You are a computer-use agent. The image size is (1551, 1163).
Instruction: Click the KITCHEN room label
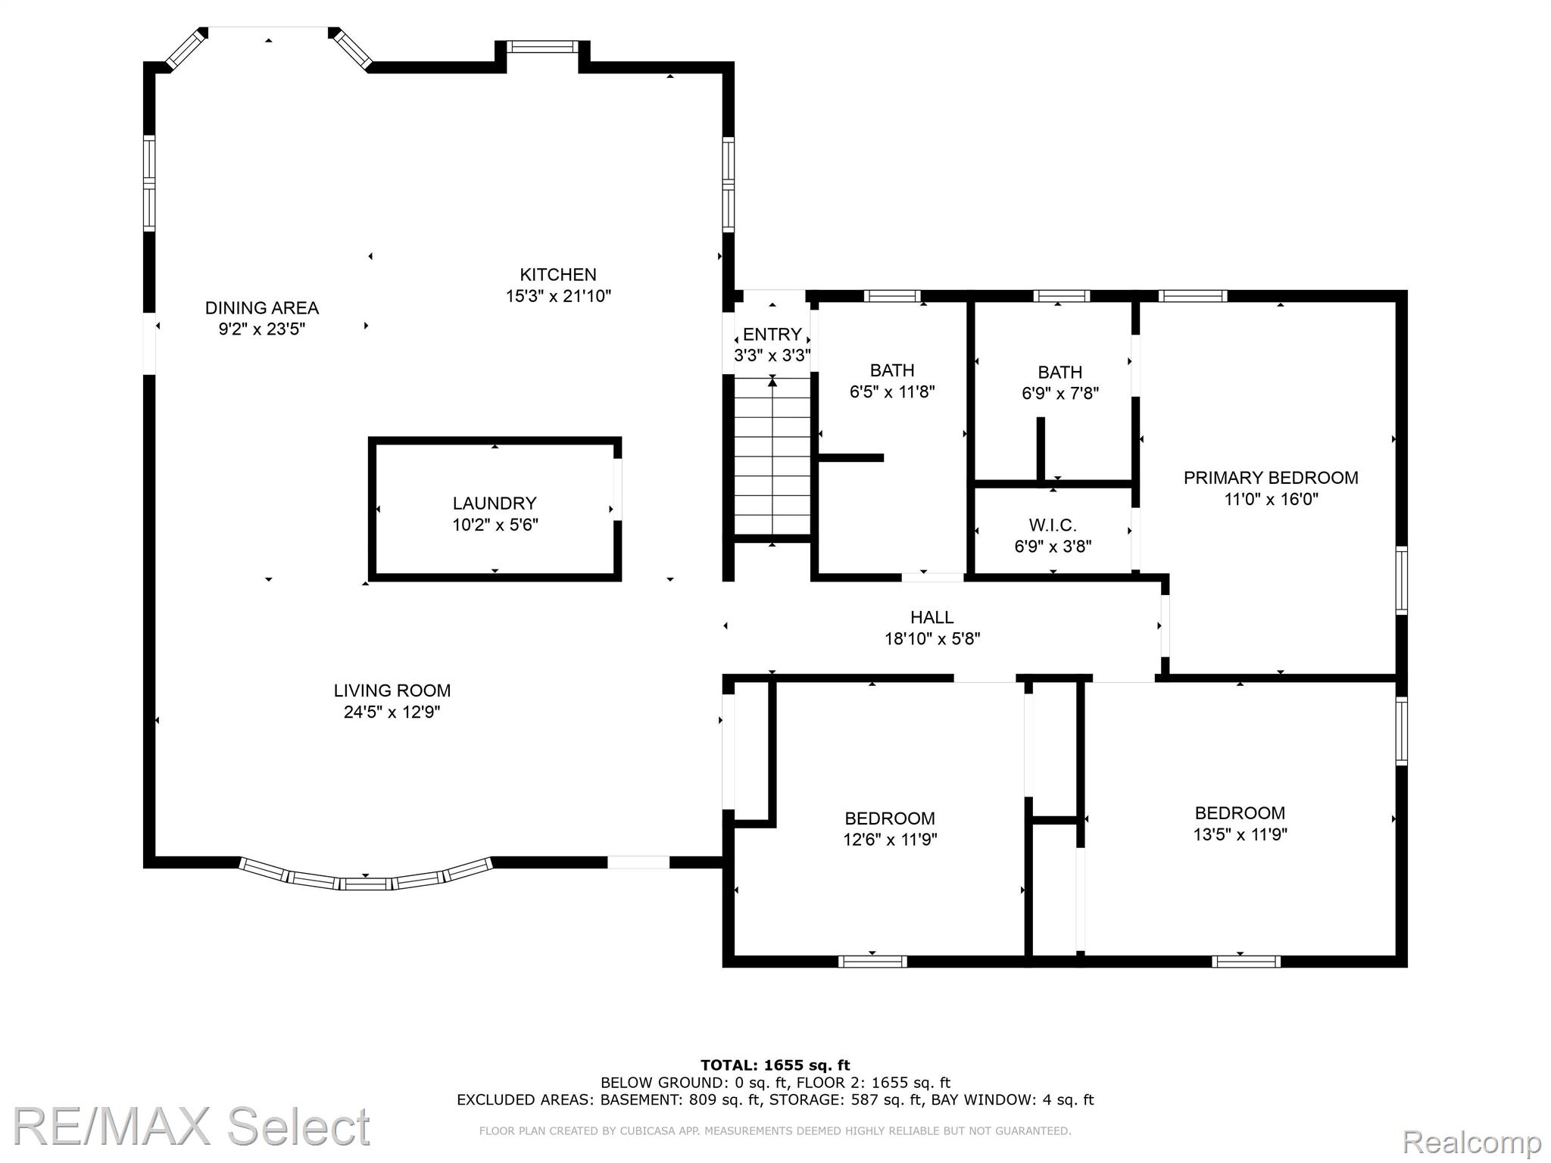[x=558, y=275]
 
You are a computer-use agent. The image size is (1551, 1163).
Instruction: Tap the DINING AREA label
[x=262, y=308]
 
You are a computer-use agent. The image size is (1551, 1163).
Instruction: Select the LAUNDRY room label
[x=495, y=504]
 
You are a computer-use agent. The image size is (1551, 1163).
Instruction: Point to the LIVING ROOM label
[x=392, y=691]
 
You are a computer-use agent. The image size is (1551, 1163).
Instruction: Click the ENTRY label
[x=772, y=335]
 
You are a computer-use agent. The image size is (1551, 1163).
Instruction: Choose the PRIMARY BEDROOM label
[x=1271, y=478]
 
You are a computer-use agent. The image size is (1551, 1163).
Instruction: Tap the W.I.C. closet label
[x=1053, y=525]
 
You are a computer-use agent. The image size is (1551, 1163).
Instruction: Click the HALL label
[x=932, y=618]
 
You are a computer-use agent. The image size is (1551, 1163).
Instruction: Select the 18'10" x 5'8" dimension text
[x=932, y=639]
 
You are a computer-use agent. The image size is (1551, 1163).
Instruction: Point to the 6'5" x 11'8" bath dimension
[x=892, y=392]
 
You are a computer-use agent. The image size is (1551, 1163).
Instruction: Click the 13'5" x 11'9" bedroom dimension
[x=1240, y=834]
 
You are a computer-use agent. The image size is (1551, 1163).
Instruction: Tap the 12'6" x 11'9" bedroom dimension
[x=890, y=840]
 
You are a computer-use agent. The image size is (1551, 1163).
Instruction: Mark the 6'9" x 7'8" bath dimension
[x=1060, y=394]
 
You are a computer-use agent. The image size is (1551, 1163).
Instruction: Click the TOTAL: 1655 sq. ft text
[x=775, y=1066]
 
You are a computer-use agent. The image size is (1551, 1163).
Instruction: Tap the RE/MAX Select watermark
[x=192, y=1127]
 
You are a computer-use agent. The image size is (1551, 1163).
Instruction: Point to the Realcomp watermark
[x=1472, y=1141]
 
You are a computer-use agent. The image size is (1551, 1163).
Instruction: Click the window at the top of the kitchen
[x=541, y=47]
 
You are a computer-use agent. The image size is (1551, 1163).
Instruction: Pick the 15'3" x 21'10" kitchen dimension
[x=558, y=296]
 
